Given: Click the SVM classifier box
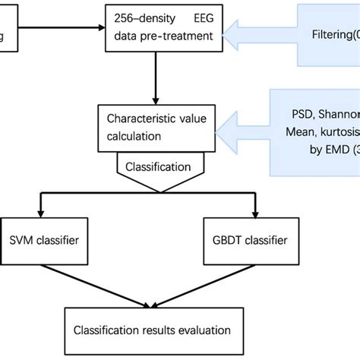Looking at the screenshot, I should point(45,242).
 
